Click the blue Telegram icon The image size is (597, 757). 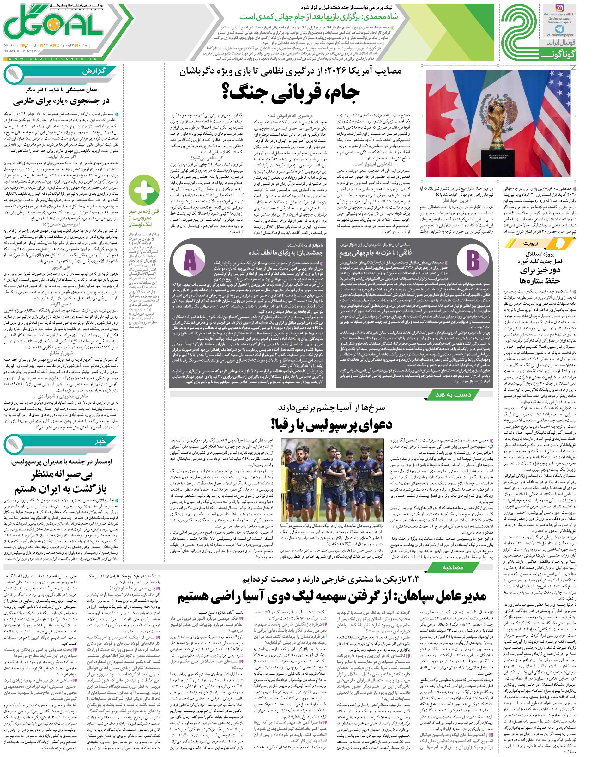(x=561, y=29)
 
